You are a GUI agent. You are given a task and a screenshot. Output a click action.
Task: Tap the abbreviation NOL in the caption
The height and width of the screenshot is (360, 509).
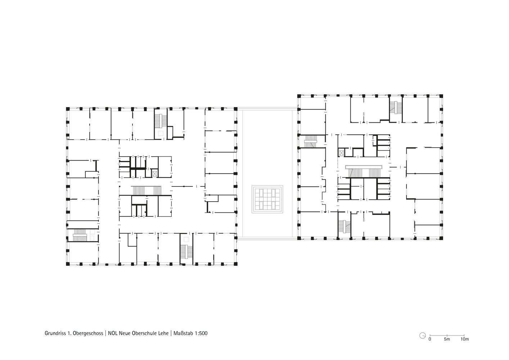click(x=113, y=333)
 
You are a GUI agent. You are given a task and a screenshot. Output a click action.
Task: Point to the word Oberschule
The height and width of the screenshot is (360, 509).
click(x=144, y=333)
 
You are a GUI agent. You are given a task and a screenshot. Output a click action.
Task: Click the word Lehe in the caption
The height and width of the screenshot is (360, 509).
click(x=163, y=333)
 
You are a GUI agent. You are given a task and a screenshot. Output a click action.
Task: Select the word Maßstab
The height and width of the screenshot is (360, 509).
click(x=183, y=333)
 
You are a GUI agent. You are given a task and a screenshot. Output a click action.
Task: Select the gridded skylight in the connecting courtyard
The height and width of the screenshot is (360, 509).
click(x=267, y=199)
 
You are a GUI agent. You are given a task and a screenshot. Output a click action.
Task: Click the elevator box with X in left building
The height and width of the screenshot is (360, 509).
click(x=155, y=174)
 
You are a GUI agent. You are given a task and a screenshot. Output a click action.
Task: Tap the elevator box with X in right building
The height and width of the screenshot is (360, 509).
click(x=341, y=153)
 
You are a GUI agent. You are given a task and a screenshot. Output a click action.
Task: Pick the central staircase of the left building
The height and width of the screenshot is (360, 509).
click(x=146, y=190)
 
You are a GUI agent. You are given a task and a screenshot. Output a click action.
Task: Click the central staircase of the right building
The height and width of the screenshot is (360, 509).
click(x=364, y=171)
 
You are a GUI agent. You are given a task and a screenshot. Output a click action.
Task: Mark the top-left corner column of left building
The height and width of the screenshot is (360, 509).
click(x=67, y=109)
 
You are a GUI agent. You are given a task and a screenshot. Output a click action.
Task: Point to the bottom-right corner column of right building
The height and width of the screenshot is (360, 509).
click(x=441, y=238)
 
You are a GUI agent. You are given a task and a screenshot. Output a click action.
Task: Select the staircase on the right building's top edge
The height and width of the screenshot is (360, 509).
click(x=396, y=108)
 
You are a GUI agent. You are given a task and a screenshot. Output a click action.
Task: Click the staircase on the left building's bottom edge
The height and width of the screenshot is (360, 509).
click(x=186, y=252)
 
